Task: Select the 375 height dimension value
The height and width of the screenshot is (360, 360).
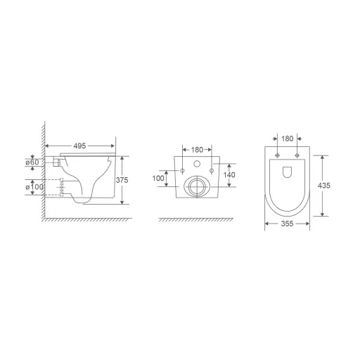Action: tap(122, 179)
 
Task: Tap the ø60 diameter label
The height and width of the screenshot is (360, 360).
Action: tap(32, 162)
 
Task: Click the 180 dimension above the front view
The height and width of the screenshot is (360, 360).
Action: tap(197, 149)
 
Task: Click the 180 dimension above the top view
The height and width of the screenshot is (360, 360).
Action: tap(287, 139)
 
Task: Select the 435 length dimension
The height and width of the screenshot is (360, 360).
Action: tap(323, 186)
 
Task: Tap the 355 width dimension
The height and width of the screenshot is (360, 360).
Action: tap(287, 225)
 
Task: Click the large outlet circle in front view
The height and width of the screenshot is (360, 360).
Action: tap(197, 186)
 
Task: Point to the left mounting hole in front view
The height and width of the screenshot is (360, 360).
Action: tap(183, 171)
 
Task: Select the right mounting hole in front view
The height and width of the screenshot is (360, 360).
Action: tap(212, 171)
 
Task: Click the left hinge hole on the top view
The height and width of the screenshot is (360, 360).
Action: tap(278, 155)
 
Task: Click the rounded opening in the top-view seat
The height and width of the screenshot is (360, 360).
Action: tap(287, 172)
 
